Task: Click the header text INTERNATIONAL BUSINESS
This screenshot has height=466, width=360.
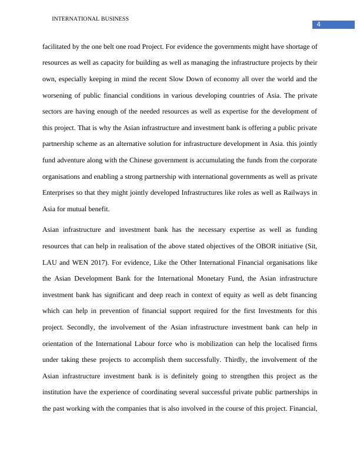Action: tap(90, 19)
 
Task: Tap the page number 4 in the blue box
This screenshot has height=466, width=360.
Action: tap(318, 24)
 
